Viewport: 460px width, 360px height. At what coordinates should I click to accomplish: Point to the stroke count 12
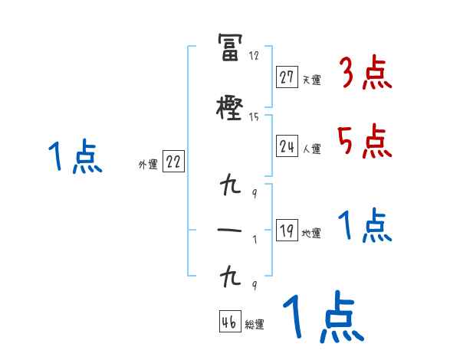click(254, 56)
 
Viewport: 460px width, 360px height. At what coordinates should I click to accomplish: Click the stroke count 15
click(254, 116)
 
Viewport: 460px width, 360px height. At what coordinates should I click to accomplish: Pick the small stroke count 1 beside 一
click(255, 238)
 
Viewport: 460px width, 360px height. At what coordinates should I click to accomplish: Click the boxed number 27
click(287, 77)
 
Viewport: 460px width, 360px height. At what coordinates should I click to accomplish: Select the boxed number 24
click(287, 146)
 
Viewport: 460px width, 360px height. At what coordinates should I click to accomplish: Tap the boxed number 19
click(287, 231)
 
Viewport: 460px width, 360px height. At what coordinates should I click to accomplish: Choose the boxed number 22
click(173, 162)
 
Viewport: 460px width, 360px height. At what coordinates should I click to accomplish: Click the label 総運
click(255, 324)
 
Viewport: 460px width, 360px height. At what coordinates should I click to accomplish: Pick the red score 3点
click(365, 73)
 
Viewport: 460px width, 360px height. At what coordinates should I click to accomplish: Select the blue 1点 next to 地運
click(365, 226)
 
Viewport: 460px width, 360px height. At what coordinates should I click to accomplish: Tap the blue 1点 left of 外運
click(74, 157)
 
